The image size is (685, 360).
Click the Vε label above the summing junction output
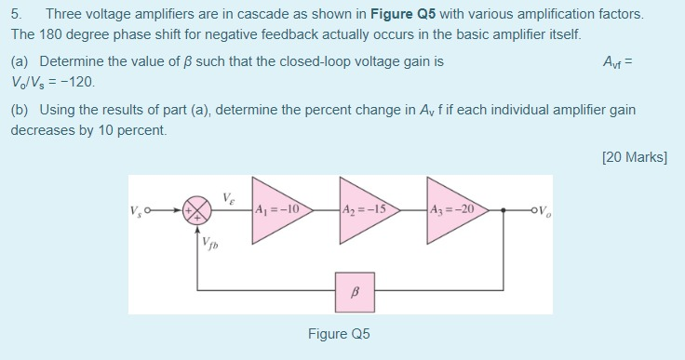coord(229,196)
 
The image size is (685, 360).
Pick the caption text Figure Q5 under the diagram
coord(339,334)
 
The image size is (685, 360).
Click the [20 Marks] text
coord(635,157)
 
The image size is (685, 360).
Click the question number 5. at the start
coord(16,16)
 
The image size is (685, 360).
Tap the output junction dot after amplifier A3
coord(504,209)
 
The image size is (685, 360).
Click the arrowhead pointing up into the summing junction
coord(196,224)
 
